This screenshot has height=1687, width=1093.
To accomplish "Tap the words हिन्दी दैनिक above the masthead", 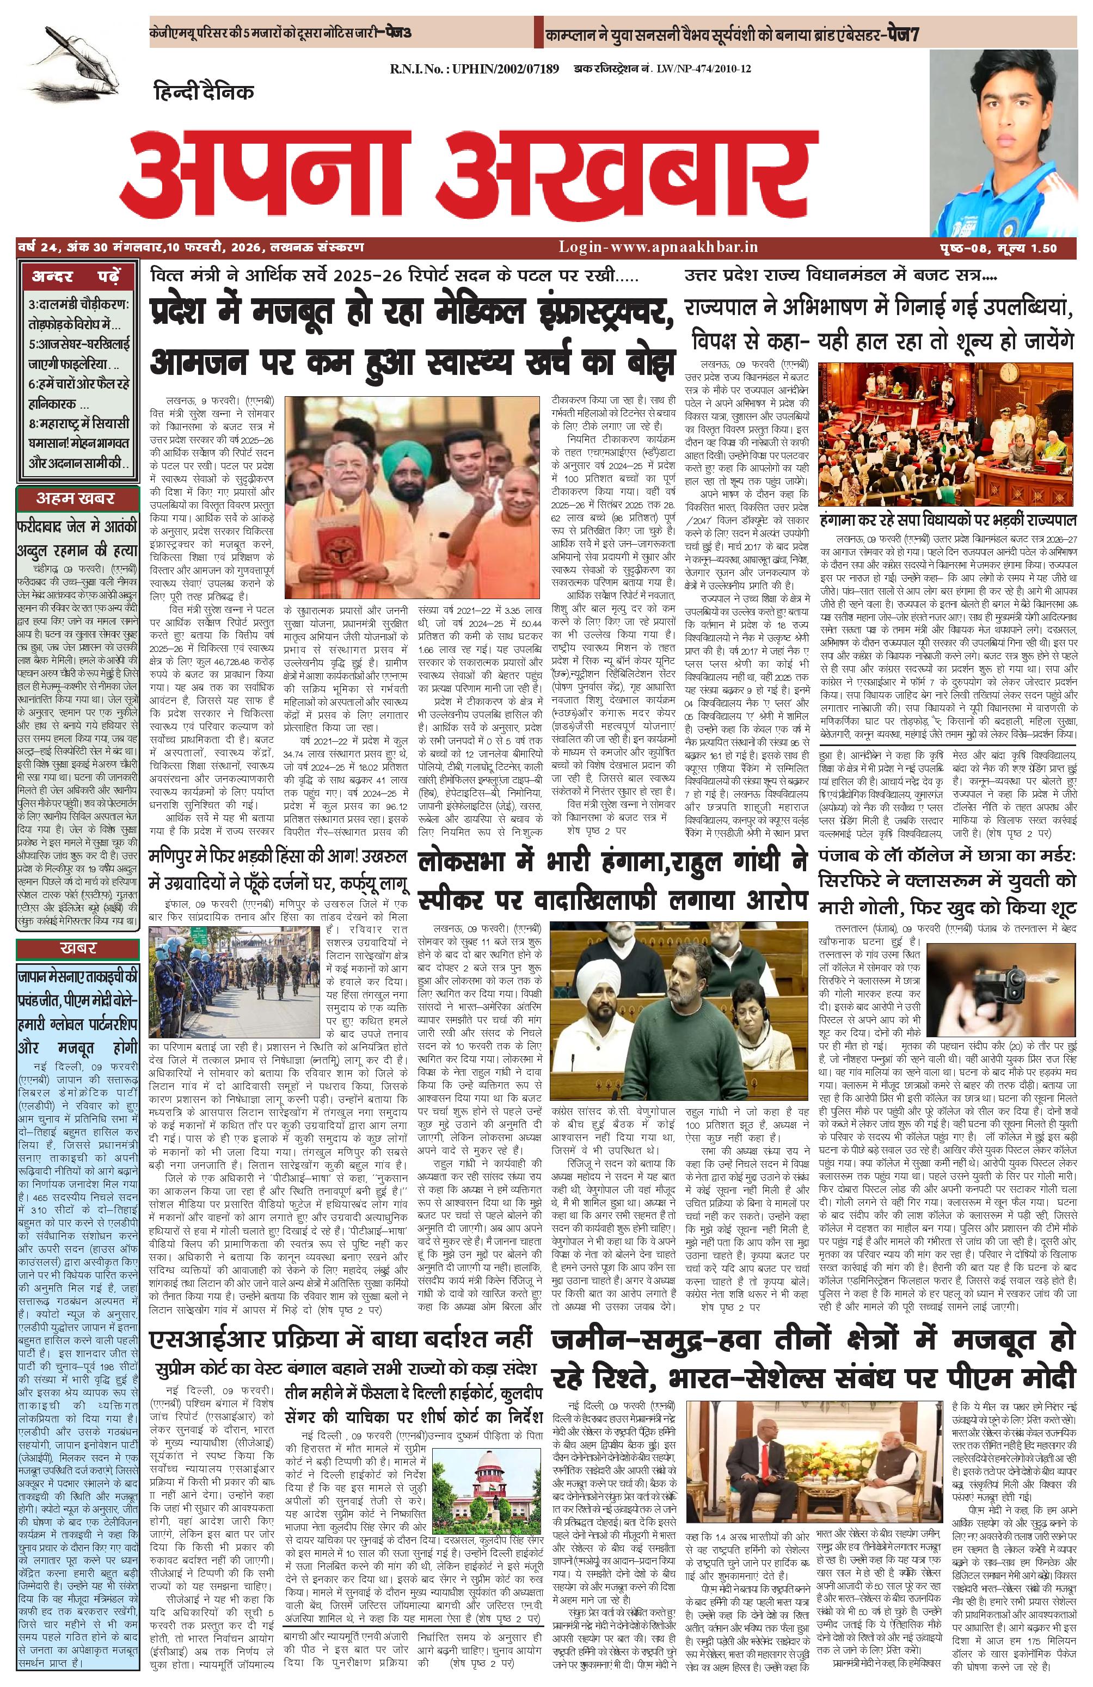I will (x=204, y=92).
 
